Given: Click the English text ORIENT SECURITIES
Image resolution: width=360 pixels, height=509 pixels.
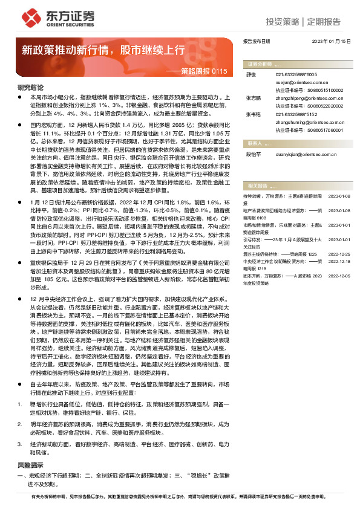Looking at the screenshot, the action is tap(62, 26).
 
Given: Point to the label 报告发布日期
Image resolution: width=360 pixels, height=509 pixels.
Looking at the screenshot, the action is tap(256, 42).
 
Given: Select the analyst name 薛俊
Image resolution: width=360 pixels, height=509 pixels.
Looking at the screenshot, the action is tap(250, 73).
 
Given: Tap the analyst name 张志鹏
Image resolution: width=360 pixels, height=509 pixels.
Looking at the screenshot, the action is tap(253, 96).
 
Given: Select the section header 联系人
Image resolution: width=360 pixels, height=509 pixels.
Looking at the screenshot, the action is tap(255, 144).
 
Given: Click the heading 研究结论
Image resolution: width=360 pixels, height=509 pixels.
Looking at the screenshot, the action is tap(28, 86).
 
